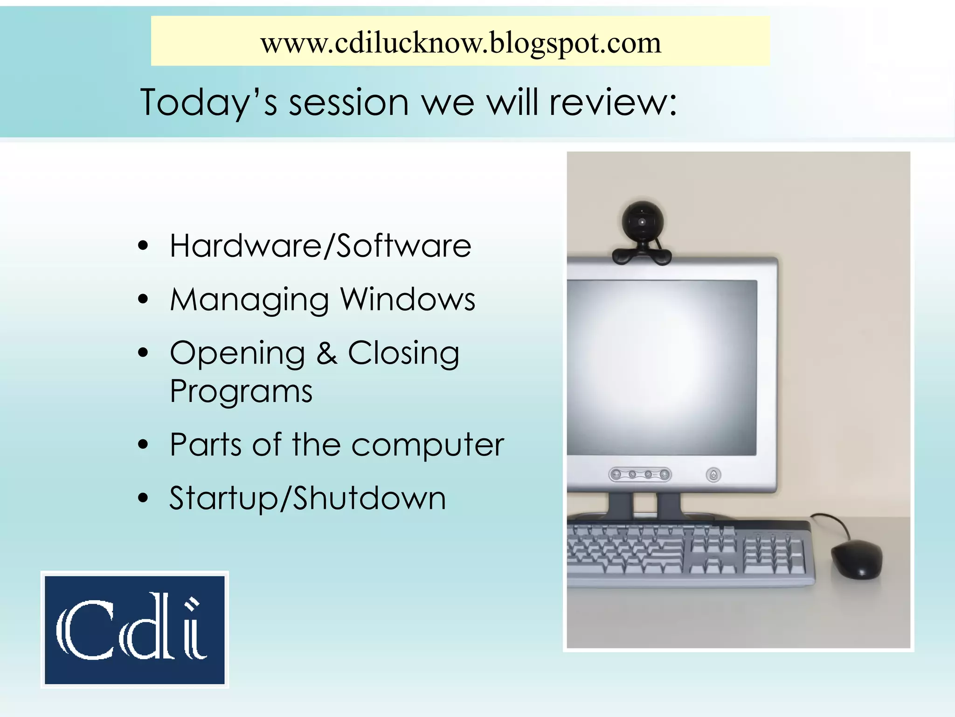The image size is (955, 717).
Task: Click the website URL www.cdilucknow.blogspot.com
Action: [461, 43]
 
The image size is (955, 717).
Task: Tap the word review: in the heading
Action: [613, 103]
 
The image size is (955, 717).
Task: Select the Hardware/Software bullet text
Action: [320, 246]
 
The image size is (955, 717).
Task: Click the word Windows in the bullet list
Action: [408, 299]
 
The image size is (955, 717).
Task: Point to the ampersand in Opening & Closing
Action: [327, 353]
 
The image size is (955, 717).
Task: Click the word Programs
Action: [241, 391]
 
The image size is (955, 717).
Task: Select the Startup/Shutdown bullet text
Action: [307, 498]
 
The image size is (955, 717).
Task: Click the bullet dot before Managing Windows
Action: [143, 299]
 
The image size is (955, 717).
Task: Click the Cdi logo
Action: [135, 630]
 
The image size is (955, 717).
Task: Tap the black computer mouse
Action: [857, 559]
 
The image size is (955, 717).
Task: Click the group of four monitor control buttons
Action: [640, 475]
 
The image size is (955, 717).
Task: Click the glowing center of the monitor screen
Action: [662, 366]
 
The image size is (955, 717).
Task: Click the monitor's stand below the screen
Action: [645, 506]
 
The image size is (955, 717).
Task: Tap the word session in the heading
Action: [349, 103]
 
